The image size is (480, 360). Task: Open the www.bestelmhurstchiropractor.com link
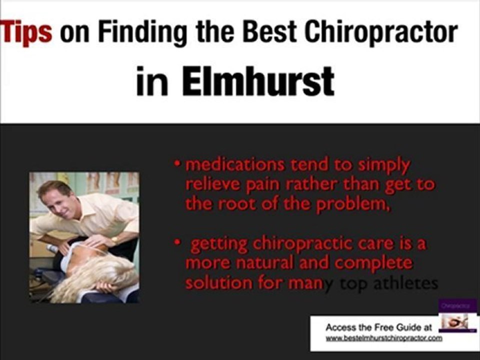tap(384, 338)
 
